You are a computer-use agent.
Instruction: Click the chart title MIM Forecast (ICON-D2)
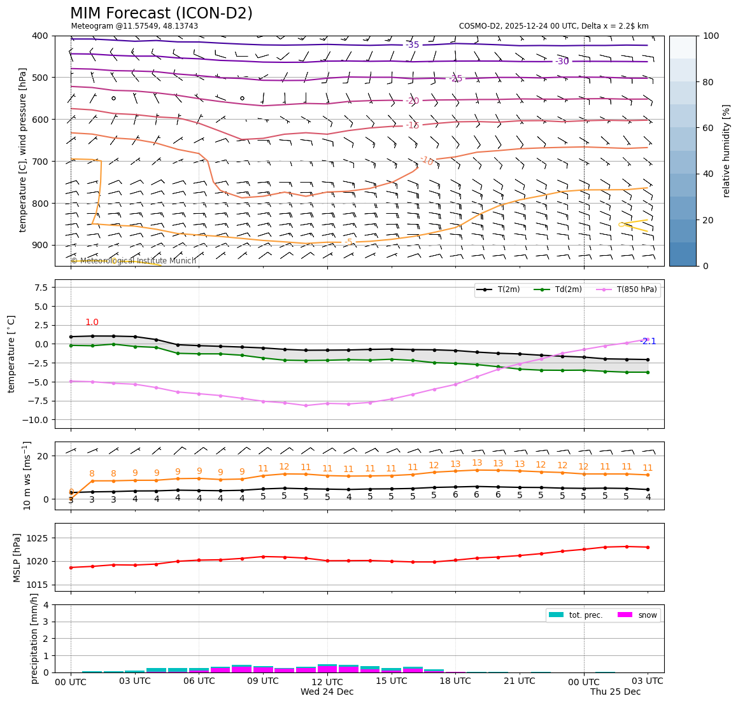[161, 13]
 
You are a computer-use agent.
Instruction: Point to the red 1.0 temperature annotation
[92, 323]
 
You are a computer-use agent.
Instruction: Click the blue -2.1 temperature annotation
[648, 342]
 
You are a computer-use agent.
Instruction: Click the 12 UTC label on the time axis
[327, 681]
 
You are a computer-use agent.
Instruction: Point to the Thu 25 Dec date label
[615, 692]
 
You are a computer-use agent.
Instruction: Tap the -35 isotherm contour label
[413, 45]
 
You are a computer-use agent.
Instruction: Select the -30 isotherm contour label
[562, 62]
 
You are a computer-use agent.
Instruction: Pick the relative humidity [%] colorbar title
[727, 151]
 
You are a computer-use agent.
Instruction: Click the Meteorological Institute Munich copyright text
[134, 261]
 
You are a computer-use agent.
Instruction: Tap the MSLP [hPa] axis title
[17, 557]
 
